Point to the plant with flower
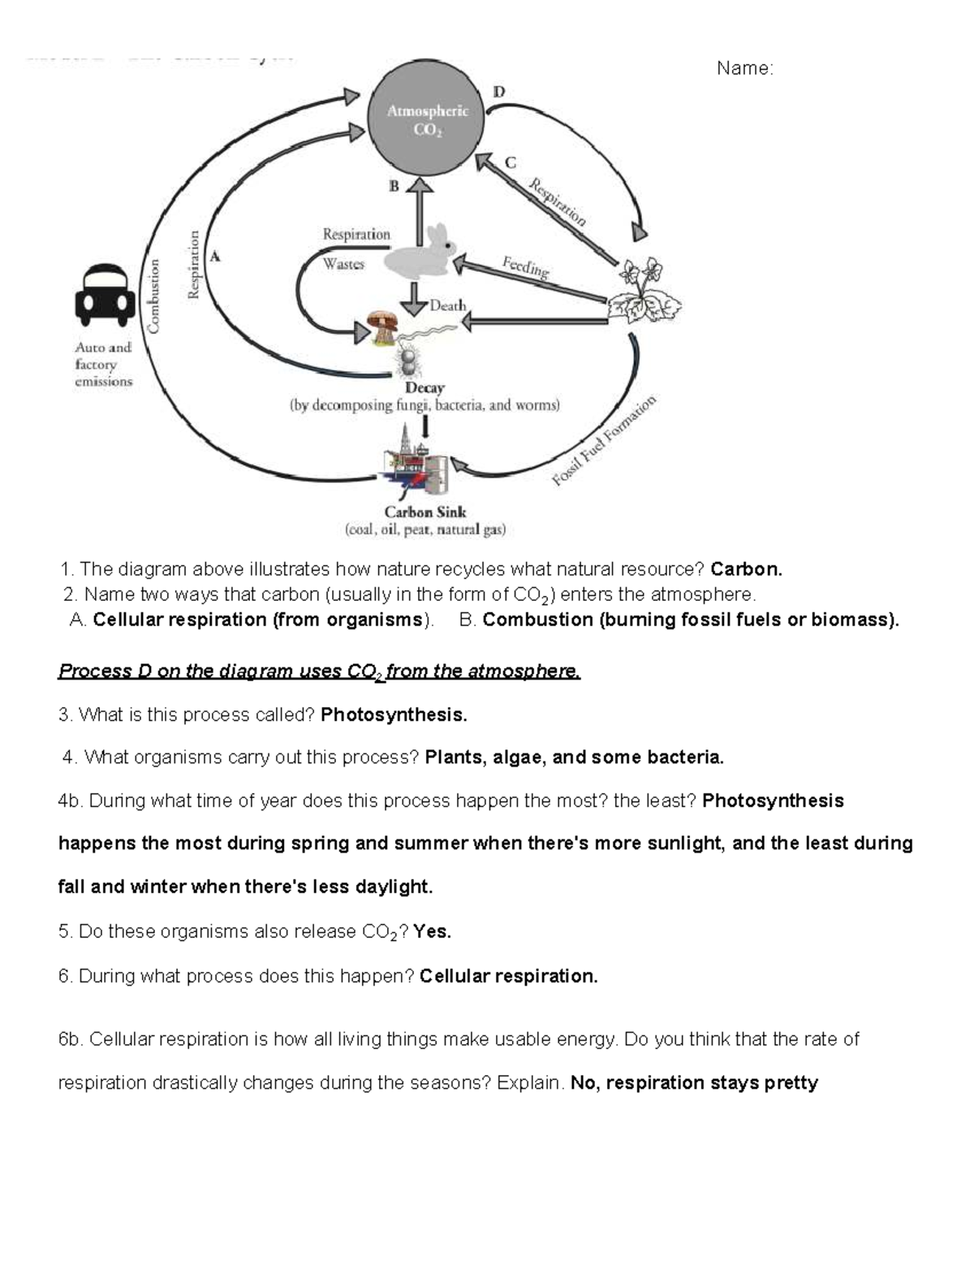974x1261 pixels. pyautogui.click(x=645, y=292)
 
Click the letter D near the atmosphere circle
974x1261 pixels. pyautogui.click(x=498, y=92)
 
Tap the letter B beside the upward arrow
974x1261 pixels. pyautogui.click(x=394, y=186)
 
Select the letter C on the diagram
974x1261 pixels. pyautogui.click(x=510, y=162)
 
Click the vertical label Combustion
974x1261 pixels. pyautogui.click(x=153, y=296)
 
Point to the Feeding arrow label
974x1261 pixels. pyautogui.click(x=525, y=266)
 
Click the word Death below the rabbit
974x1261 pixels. pyautogui.click(x=448, y=306)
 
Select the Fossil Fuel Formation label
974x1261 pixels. pyautogui.click(x=604, y=441)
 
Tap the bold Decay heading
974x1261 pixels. pyautogui.click(x=425, y=388)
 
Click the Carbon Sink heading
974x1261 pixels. pyautogui.click(x=425, y=512)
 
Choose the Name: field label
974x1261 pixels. pyautogui.click(x=744, y=69)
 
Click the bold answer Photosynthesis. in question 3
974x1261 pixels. pyautogui.click(x=394, y=715)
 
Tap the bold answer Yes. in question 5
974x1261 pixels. pyautogui.click(x=432, y=931)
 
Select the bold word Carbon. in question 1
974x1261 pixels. pyautogui.click(x=747, y=569)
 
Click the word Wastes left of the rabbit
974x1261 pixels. pyautogui.click(x=343, y=264)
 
